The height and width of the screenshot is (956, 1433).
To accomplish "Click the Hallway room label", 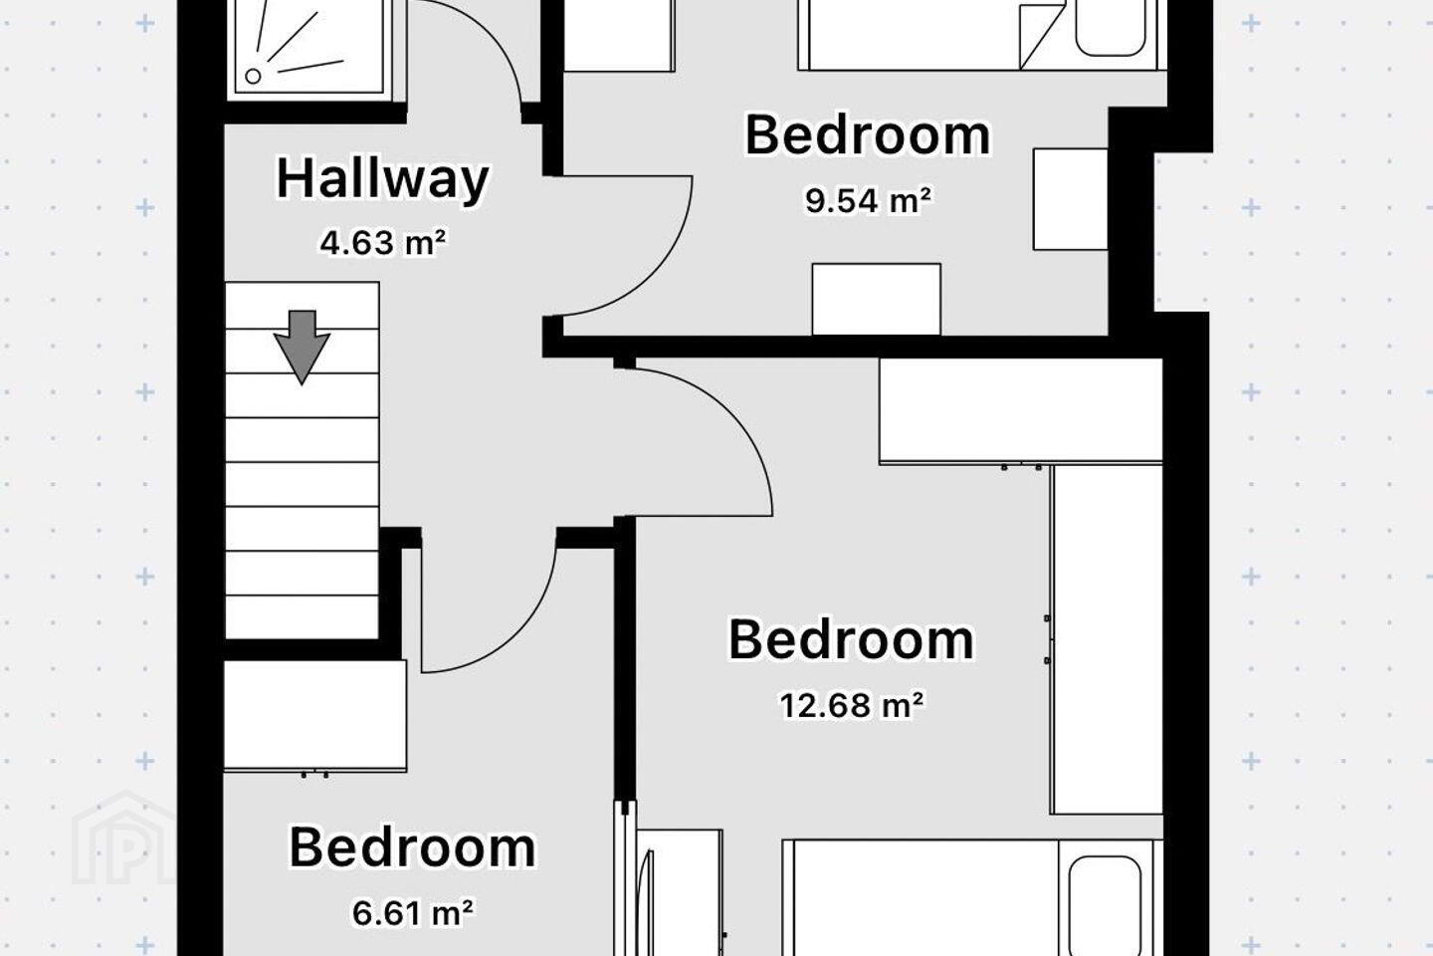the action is click(382, 180).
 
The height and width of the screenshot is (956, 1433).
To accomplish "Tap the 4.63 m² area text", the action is click(382, 243).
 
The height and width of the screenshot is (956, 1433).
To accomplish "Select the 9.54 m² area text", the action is click(868, 200).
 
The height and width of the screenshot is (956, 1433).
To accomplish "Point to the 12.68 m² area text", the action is click(852, 705).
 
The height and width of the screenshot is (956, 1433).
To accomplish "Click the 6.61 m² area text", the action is click(413, 913).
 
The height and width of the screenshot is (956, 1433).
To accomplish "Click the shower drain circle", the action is click(254, 77).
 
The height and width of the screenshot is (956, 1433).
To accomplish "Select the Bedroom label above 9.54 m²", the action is click(868, 135).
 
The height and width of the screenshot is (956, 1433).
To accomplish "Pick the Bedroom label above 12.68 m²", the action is click(852, 639).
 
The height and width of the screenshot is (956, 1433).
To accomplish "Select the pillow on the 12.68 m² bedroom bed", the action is click(1105, 904).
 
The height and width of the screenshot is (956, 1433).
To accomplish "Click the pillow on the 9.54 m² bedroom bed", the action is click(1110, 27).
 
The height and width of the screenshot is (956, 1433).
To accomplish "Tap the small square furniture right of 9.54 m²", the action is click(1071, 199).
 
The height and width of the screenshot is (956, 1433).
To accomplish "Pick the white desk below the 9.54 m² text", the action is click(877, 299).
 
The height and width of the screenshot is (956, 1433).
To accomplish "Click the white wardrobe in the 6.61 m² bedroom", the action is click(314, 715).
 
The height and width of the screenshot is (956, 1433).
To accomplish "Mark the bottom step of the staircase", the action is click(302, 617).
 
